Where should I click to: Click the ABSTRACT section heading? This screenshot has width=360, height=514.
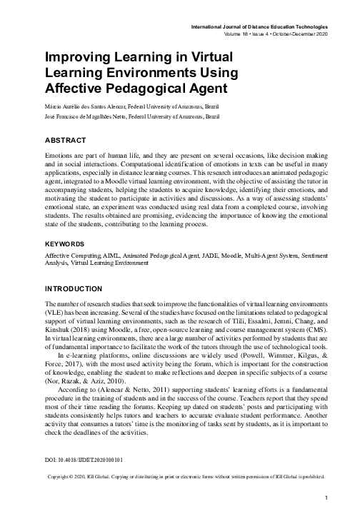66,141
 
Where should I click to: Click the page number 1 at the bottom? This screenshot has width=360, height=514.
325,498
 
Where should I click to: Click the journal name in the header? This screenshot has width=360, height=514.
264,26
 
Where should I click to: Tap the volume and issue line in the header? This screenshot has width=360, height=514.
276,33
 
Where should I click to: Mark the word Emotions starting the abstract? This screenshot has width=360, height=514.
61,156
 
